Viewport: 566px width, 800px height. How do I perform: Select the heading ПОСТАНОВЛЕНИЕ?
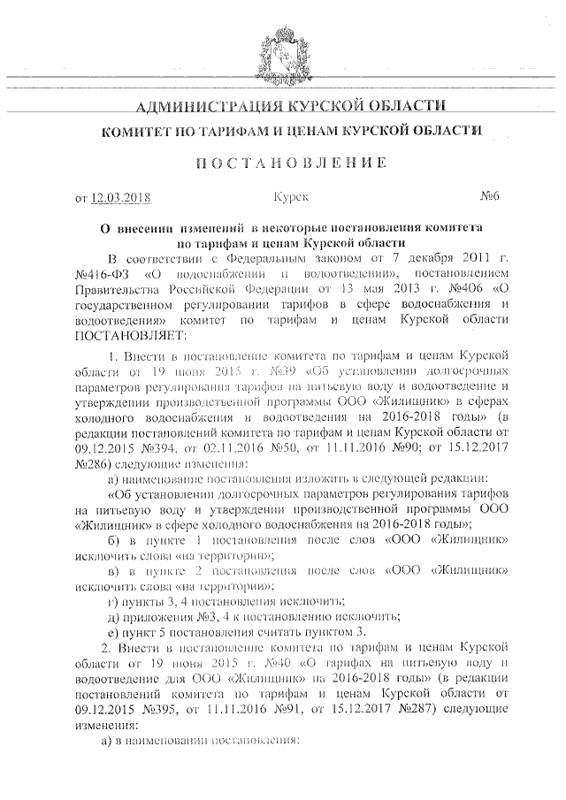click(282, 163)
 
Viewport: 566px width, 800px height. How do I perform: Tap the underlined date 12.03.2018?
click(121, 197)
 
